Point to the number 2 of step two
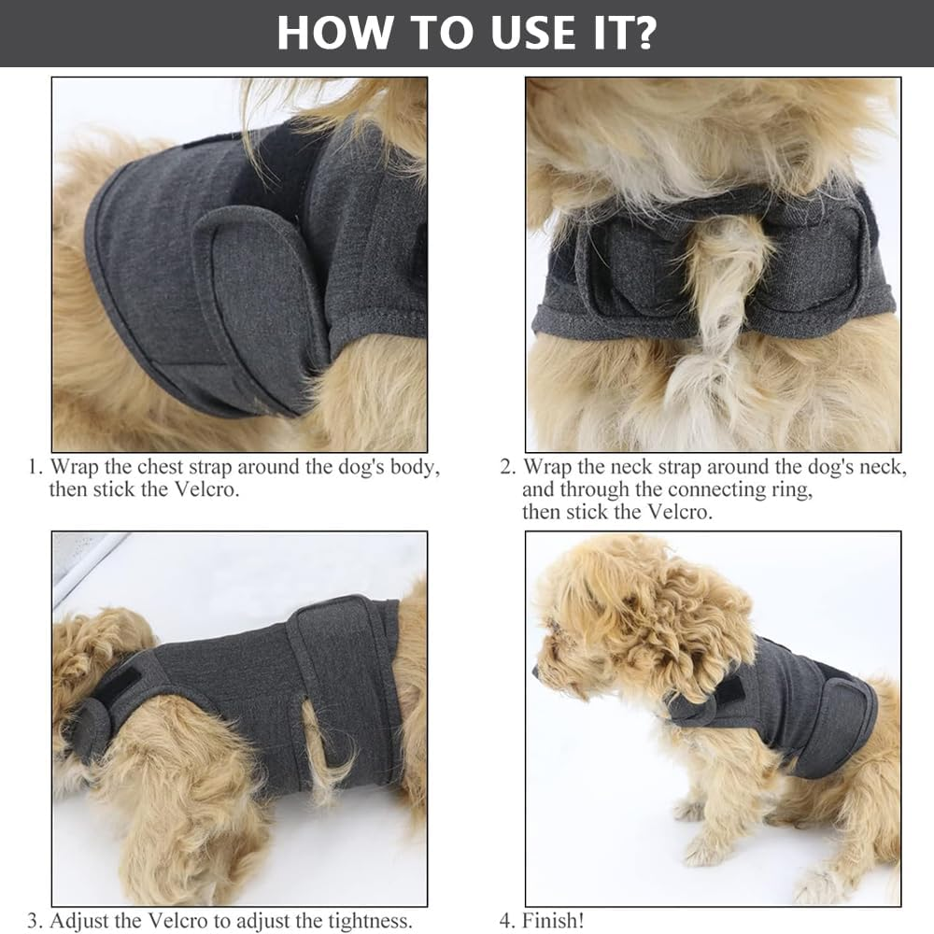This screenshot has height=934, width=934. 507,466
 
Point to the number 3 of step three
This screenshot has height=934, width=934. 34,920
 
